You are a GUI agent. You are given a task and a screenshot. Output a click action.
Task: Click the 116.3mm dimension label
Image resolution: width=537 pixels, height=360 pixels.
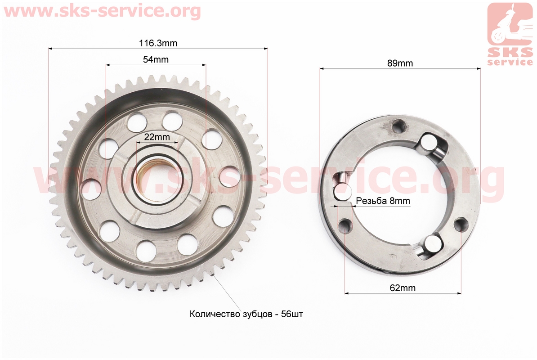(158, 43)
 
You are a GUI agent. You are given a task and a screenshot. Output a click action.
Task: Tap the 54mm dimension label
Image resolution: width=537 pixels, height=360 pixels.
(156, 59)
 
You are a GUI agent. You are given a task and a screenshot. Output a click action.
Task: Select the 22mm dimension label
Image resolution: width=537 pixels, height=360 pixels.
(157, 137)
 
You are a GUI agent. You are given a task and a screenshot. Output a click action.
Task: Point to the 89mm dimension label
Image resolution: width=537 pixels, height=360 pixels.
(400, 63)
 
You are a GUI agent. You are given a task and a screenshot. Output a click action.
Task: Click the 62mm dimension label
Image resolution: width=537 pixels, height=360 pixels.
(403, 288)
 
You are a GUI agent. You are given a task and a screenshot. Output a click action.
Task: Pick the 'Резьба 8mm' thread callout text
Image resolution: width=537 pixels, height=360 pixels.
(383, 201)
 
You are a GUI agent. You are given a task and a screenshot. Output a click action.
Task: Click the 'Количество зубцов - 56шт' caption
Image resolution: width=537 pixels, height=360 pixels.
(246, 314)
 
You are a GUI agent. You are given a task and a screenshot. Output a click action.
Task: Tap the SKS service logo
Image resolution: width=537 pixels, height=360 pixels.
(510, 34)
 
